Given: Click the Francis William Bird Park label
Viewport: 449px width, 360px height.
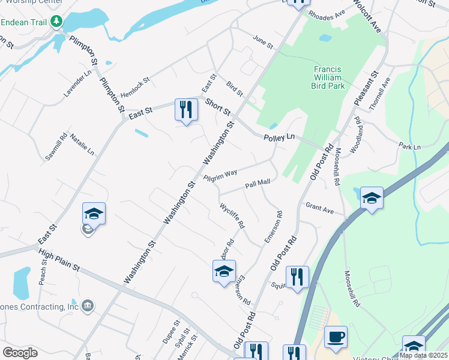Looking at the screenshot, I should pos(328,77).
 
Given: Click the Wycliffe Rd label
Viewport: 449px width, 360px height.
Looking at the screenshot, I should pos(232,216).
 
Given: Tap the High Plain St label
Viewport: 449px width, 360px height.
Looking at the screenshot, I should pos(59,260).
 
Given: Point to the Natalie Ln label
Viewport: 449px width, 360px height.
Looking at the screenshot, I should pos(82,145).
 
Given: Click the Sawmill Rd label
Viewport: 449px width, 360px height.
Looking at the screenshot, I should pos(56,148).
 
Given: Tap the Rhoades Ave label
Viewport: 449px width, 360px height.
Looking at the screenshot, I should pos(327,13).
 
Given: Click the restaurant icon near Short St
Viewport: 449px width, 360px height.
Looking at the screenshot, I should pos(186,110).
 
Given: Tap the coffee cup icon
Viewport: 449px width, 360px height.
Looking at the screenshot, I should pos(336,337).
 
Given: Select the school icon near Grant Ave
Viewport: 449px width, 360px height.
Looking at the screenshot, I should pos(372,198).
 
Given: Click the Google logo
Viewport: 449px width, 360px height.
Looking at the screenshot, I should pos(20,353).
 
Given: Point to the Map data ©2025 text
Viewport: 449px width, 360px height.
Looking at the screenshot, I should pos(423,355).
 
